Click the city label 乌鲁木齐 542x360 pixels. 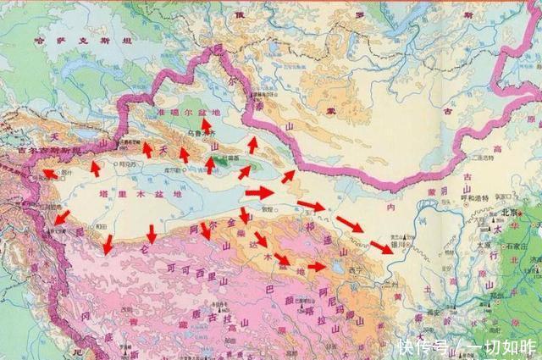coord(201,133)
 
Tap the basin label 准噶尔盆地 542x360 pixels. coord(182,113)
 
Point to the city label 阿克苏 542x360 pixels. coord(127,164)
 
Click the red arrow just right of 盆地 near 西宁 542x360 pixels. coord(316,267)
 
